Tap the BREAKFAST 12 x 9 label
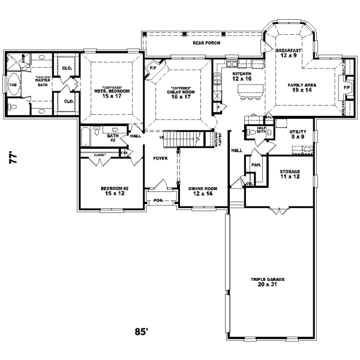[x=288, y=53]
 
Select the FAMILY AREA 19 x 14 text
[x=302, y=88]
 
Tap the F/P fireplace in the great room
[x=152, y=68]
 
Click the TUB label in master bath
[x=13, y=85]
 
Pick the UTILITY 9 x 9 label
[x=298, y=134]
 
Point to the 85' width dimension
[x=142, y=331]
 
